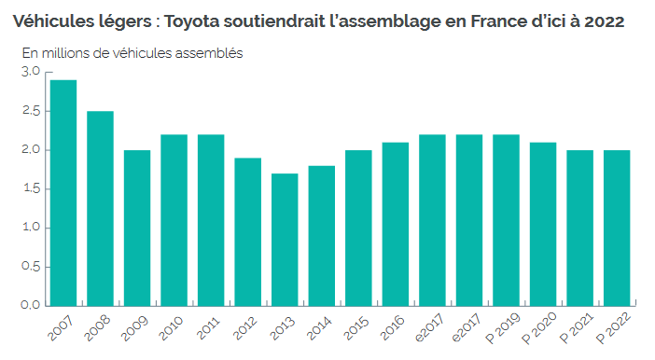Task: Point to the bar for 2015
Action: [358, 228]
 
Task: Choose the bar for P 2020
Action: [543, 224]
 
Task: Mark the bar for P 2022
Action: [617, 228]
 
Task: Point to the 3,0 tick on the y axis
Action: [31, 72]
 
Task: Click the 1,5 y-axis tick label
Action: [31, 188]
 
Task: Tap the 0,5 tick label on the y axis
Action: [31, 266]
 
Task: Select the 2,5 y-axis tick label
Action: [31, 111]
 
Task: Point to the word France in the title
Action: [463, 20]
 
